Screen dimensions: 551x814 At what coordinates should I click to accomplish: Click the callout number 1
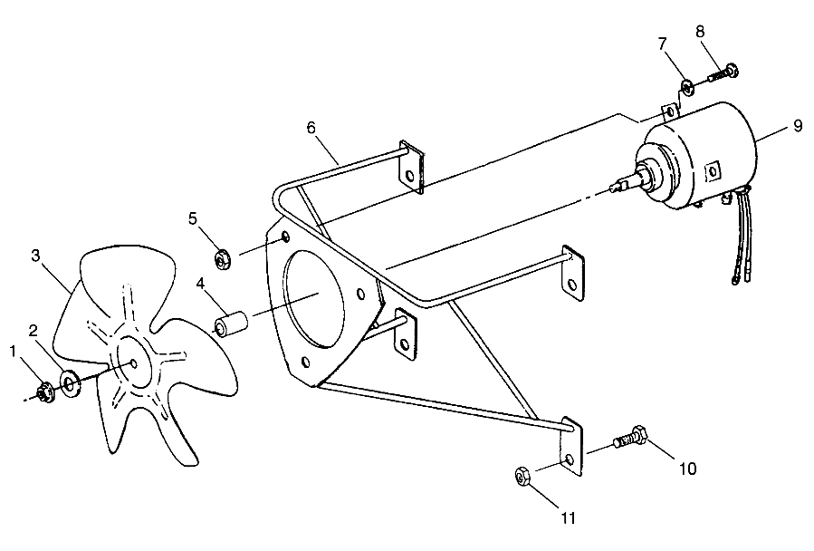tap(13, 350)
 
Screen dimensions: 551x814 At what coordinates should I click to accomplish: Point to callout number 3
tap(35, 256)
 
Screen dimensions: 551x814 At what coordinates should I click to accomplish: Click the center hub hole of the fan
tap(134, 363)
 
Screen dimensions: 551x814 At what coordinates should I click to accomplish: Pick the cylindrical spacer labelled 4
tap(232, 323)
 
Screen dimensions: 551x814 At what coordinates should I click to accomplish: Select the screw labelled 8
tap(722, 70)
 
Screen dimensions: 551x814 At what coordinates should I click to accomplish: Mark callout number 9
tap(797, 126)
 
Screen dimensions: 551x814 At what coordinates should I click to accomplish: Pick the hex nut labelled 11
tap(522, 477)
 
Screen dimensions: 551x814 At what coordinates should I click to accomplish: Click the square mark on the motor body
tap(713, 169)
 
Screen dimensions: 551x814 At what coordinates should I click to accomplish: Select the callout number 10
tap(686, 469)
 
